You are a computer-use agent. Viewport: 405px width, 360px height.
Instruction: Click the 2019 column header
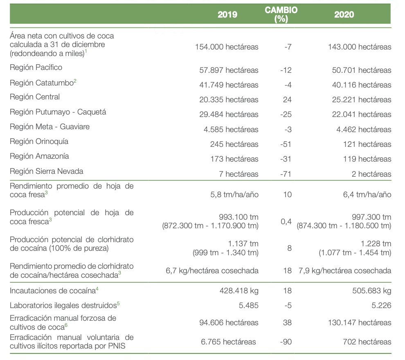(x=227, y=14)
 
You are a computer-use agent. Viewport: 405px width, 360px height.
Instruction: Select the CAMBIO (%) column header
(x=281, y=14)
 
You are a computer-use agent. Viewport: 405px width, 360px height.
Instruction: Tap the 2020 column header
(x=344, y=14)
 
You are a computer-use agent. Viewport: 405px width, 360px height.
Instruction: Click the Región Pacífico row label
(x=36, y=67)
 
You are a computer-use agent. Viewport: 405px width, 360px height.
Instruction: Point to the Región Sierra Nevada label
(x=47, y=171)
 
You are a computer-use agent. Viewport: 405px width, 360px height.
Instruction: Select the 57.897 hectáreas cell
(x=229, y=70)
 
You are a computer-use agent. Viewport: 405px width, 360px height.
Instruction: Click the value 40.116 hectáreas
(x=362, y=85)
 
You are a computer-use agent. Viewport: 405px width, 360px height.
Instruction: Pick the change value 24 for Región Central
(x=287, y=100)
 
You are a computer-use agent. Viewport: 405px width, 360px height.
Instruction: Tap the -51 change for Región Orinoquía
(x=286, y=144)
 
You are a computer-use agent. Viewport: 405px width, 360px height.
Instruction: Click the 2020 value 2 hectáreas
(x=371, y=174)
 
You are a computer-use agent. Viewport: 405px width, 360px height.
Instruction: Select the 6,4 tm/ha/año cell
(x=367, y=194)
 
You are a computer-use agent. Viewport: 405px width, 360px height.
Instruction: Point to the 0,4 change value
(x=286, y=222)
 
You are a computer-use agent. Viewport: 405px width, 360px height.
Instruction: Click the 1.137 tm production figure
(x=243, y=243)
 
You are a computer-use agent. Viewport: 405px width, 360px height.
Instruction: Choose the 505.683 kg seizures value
(x=372, y=291)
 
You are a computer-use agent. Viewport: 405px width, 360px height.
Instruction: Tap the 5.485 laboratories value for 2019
(x=248, y=306)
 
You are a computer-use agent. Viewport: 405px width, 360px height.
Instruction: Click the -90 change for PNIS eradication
(x=286, y=342)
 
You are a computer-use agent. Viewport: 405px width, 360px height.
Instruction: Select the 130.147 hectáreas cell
(x=360, y=323)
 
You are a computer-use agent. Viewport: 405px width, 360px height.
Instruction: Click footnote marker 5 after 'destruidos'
(x=118, y=304)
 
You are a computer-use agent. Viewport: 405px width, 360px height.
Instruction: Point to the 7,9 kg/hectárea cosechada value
(x=345, y=271)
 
